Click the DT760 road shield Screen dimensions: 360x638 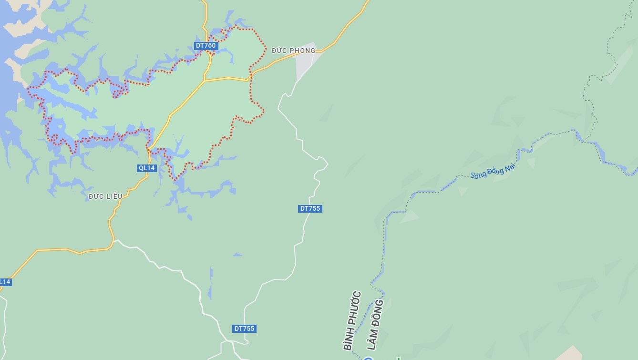(x=206, y=46)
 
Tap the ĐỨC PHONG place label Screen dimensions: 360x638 (x=293, y=51)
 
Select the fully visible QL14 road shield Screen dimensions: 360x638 (x=146, y=168)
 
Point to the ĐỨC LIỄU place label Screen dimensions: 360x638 (x=105, y=196)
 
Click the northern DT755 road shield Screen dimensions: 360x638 (x=310, y=208)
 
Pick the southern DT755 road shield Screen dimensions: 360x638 (x=245, y=329)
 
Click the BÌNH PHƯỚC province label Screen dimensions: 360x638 (x=353, y=321)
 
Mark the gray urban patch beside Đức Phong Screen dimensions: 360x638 (x=305, y=62)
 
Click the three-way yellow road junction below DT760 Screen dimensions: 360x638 (x=205, y=81)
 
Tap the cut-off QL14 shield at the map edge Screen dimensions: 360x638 (x=4, y=282)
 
